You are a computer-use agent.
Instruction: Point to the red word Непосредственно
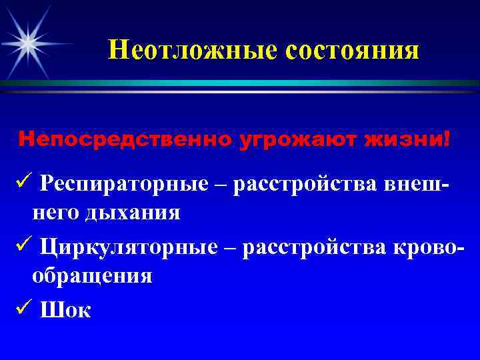127,139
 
